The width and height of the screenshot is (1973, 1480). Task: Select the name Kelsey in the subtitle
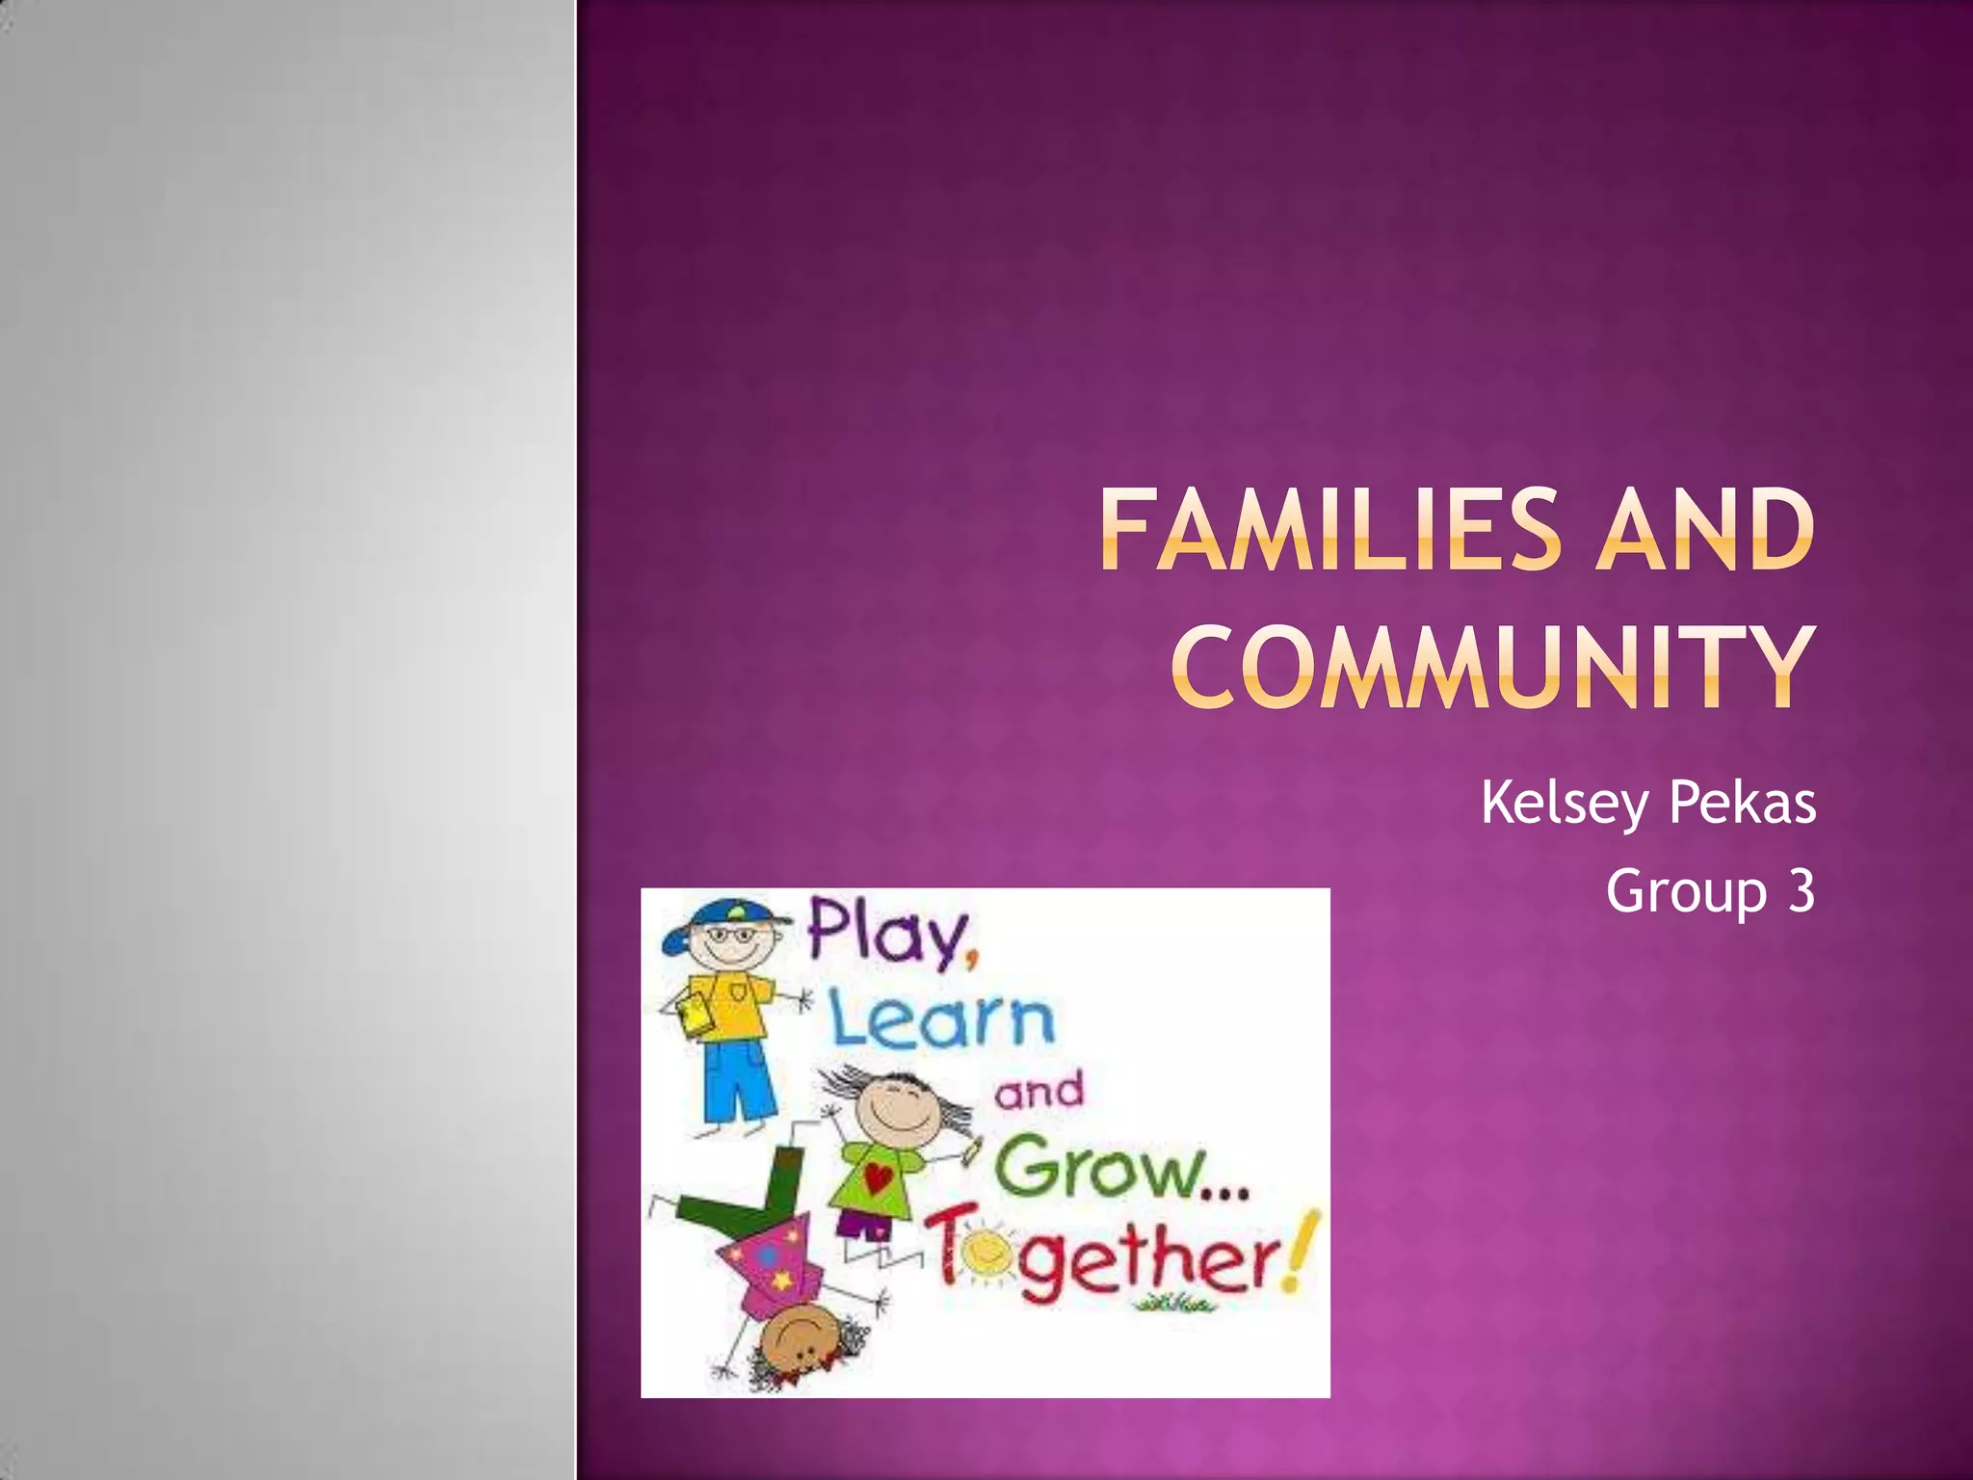click(1565, 804)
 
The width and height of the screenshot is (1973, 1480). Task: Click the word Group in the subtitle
click(1686, 892)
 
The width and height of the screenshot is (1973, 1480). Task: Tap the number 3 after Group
click(1801, 890)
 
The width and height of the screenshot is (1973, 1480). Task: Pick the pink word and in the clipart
click(1039, 1092)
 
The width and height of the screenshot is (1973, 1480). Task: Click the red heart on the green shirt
click(877, 1177)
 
